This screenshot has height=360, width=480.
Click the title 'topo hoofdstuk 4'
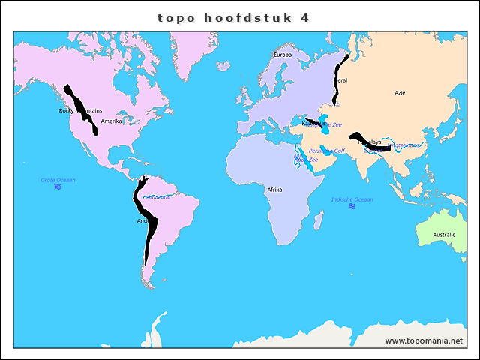(234, 17)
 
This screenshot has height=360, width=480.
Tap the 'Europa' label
(283, 55)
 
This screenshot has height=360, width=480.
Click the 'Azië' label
(400, 93)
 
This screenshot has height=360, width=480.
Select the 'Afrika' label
(274, 190)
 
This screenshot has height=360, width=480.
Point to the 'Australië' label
(445, 235)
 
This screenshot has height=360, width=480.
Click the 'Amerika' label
(111, 121)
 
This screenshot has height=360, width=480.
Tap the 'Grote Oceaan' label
(58, 180)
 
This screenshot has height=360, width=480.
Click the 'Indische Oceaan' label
(352, 199)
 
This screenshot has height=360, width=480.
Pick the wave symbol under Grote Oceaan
(58, 187)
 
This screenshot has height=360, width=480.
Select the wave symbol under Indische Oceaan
(352, 207)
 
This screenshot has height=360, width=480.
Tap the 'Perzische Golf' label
(327, 151)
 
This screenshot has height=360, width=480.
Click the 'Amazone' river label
(158, 197)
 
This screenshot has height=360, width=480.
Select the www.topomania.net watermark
(424, 340)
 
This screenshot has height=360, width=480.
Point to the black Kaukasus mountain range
(311, 121)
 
